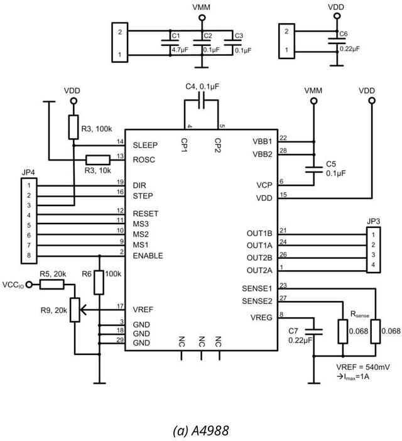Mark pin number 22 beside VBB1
point(283,138)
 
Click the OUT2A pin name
point(260,270)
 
